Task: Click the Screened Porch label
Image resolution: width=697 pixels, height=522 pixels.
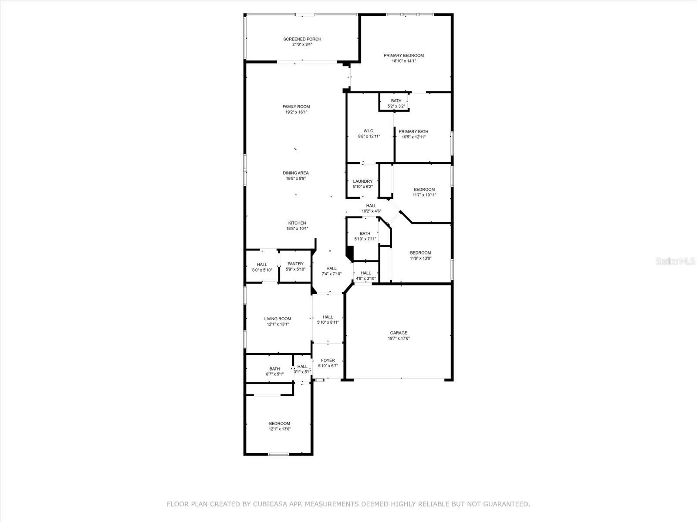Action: pyautogui.click(x=302, y=39)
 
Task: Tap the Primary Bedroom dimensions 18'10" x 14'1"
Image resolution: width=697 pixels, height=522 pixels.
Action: pyautogui.click(x=403, y=61)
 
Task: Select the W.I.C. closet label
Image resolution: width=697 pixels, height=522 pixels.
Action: pyautogui.click(x=369, y=131)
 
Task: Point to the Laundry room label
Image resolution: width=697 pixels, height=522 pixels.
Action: pyautogui.click(x=362, y=181)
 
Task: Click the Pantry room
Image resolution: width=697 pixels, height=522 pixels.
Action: pyautogui.click(x=295, y=266)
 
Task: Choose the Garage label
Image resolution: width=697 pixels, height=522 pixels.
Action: pyautogui.click(x=399, y=333)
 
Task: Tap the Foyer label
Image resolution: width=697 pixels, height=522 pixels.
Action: pyautogui.click(x=328, y=360)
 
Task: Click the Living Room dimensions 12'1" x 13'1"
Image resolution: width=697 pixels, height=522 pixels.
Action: pyautogui.click(x=277, y=324)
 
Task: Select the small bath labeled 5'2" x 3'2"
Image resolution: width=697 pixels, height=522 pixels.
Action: pyautogui.click(x=396, y=104)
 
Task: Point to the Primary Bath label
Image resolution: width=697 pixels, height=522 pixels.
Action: pyautogui.click(x=413, y=131)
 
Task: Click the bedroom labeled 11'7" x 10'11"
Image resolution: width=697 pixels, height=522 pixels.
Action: pyautogui.click(x=424, y=192)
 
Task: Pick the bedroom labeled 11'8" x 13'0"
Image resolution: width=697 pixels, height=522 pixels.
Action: pyautogui.click(x=420, y=255)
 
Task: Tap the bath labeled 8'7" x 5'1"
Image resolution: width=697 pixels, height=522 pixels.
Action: pyautogui.click(x=274, y=371)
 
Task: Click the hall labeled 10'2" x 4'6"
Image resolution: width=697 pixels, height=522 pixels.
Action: pyautogui.click(x=371, y=208)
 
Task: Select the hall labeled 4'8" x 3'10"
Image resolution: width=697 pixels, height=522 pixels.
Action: pyautogui.click(x=365, y=276)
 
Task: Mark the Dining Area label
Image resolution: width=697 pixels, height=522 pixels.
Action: pyautogui.click(x=296, y=173)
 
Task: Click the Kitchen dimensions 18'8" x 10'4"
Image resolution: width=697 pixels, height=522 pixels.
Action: pyautogui.click(x=297, y=228)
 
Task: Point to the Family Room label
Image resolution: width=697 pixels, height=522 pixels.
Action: pyautogui.click(x=296, y=107)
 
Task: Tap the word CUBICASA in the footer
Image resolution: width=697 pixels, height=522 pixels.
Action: pyautogui.click(x=265, y=504)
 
